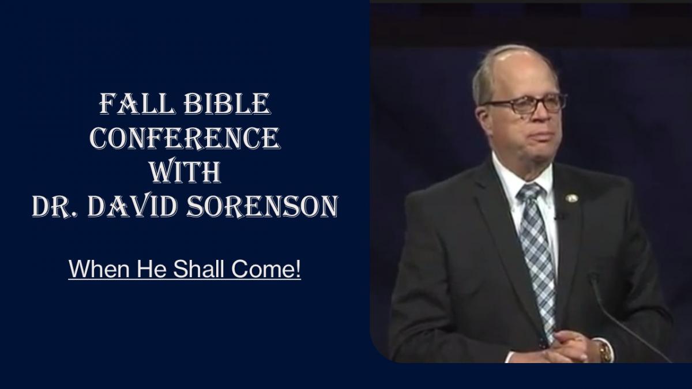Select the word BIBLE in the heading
coord(228,104)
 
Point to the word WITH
coord(185,172)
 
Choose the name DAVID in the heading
coord(133,206)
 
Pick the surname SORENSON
coord(262,206)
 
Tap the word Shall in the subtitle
coord(198,269)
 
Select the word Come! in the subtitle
coord(266,269)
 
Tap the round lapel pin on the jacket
coord(571,198)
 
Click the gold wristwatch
coord(605,351)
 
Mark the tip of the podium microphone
coord(593,275)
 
